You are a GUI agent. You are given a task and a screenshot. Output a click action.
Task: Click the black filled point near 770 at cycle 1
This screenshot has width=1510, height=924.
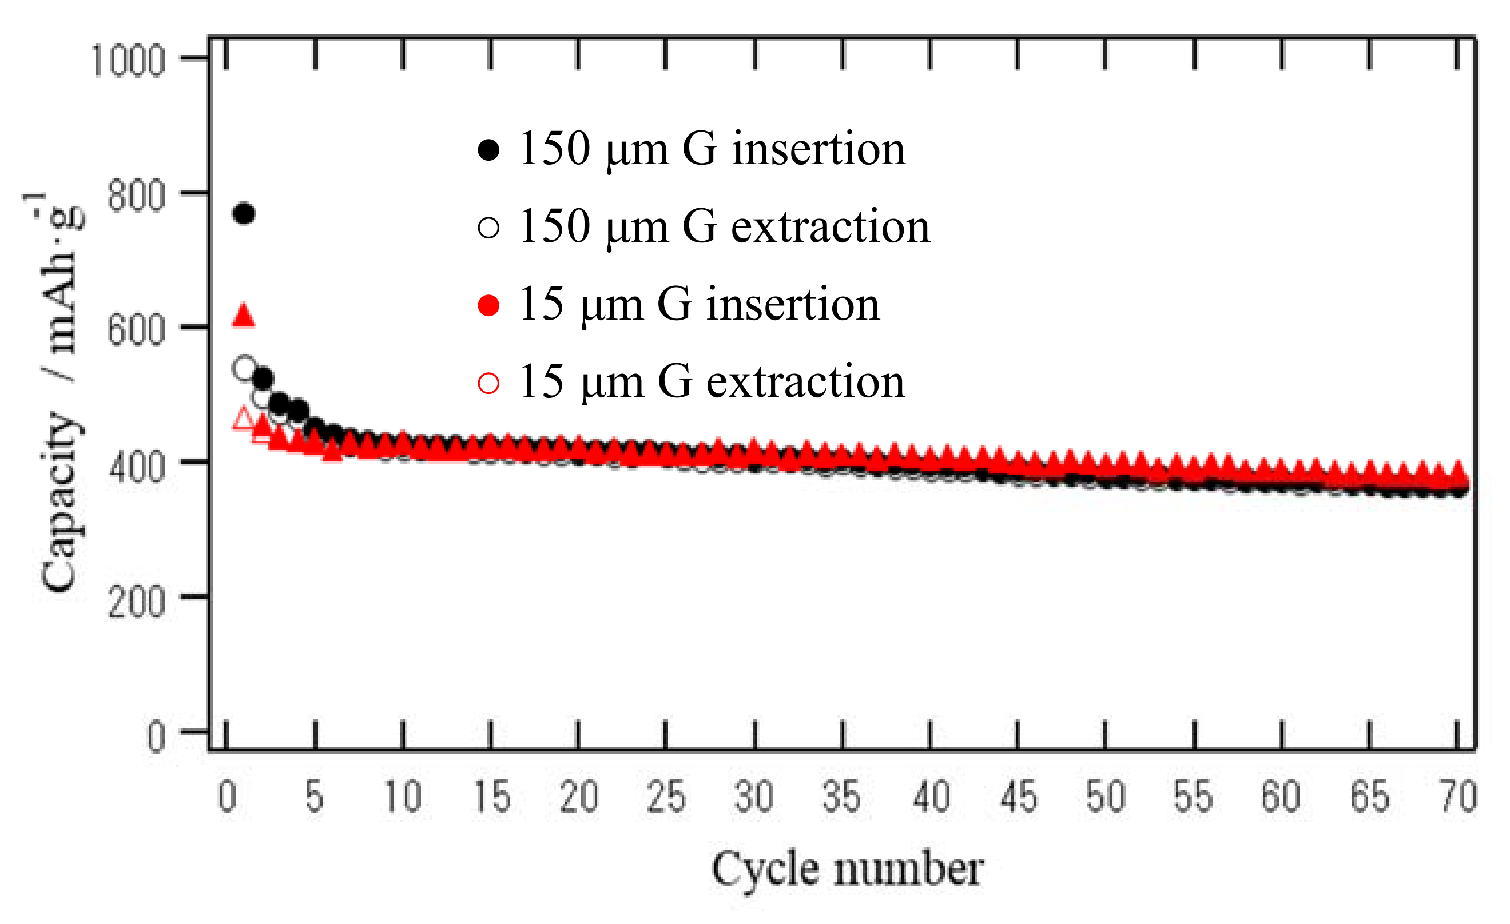pyautogui.click(x=244, y=213)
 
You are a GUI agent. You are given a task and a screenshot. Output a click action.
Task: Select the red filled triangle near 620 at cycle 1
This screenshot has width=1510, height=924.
pyautogui.click(x=244, y=315)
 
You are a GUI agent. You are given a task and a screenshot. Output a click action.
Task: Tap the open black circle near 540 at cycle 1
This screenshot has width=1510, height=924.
pyautogui.click(x=244, y=368)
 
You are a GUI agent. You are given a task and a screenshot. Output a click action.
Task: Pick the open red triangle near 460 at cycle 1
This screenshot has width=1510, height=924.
pyautogui.click(x=244, y=419)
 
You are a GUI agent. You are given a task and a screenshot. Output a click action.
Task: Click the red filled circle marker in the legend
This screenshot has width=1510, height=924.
pyautogui.click(x=488, y=305)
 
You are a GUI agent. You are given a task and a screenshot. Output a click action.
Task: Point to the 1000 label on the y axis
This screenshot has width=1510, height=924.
pyautogui.click(x=128, y=61)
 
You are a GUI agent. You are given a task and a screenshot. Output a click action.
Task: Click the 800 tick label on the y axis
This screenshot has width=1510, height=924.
pyautogui.click(x=136, y=196)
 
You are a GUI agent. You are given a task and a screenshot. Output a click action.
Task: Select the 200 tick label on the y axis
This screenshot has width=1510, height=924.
pyautogui.click(x=136, y=602)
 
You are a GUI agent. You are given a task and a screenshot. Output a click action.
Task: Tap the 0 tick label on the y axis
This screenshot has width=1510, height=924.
pyautogui.click(x=156, y=737)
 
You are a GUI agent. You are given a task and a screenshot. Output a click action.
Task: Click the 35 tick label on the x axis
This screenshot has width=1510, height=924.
pyautogui.click(x=841, y=797)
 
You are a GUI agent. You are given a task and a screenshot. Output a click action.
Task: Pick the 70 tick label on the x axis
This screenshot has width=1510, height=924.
pyautogui.click(x=1458, y=797)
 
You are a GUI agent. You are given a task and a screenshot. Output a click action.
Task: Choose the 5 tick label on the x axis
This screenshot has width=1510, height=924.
pyautogui.click(x=315, y=797)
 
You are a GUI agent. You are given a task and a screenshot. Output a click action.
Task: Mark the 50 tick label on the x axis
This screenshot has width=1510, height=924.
pyautogui.click(x=1105, y=797)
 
